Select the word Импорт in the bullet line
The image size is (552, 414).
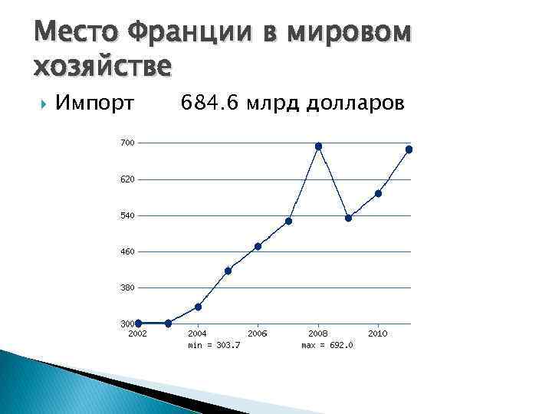pyautogui.click(x=97, y=103)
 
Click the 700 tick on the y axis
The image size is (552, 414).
pyautogui.click(x=127, y=143)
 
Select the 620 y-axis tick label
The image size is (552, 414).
pyautogui.click(x=127, y=179)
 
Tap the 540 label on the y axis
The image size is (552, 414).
pyautogui.click(x=127, y=215)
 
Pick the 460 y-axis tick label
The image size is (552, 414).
pyautogui.click(x=127, y=251)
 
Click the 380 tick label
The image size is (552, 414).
pyautogui.click(x=127, y=287)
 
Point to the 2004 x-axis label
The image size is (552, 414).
pyautogui.click(x=197, y=333)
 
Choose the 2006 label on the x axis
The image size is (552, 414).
pyautogui.click(x=258, y=333)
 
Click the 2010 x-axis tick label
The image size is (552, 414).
pyautogui.click(x=377, y=333)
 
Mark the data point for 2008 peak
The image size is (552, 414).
pyautogui.click(x=318, y=146)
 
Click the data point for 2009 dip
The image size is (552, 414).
pyautogui.click(x=348, y=218)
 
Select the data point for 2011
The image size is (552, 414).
pyautogui.click(x=409, y=149)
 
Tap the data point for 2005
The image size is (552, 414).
pyautogui.click(x=228, y=271)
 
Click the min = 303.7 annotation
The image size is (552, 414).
pyautogui.click(x=214, y=345)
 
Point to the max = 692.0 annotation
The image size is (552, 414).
pyautogui.click(x=327, y=345)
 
